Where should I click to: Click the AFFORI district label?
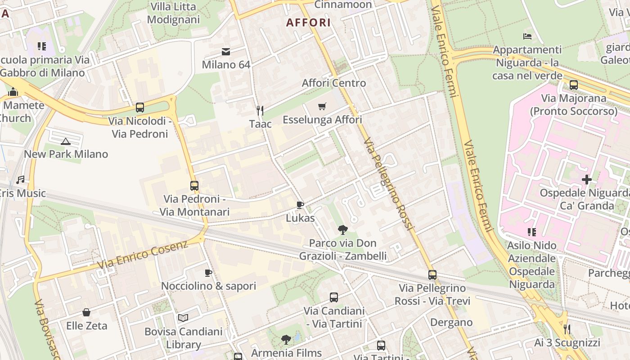pos(308,22)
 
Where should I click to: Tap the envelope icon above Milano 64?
pos(226,52)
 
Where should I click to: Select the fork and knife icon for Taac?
pos(260,110)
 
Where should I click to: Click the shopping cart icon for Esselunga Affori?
pos(322,107)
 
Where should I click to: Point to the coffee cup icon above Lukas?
pos(300,205)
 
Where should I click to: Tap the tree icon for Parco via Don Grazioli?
pos(343,230)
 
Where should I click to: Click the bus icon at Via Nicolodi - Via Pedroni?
pos(140,108)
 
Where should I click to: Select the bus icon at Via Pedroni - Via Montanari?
pos(194,186)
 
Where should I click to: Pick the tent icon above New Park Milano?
pos(66,141)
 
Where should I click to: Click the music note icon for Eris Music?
pos(20,180)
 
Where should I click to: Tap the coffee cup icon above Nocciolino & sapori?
pos(208,273)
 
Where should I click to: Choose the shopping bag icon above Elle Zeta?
pos(86,312)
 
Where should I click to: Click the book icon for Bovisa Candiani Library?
pos(183,318)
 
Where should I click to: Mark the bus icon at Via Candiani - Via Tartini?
pos(334,297)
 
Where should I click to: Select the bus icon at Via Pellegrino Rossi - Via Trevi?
pos(432,274)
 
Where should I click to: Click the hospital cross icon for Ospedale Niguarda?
pos(587,180)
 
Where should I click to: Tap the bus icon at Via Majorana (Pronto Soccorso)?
pos(574,85)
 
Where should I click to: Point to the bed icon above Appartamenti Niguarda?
pos(527,36)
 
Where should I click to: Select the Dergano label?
pos(451,322)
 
